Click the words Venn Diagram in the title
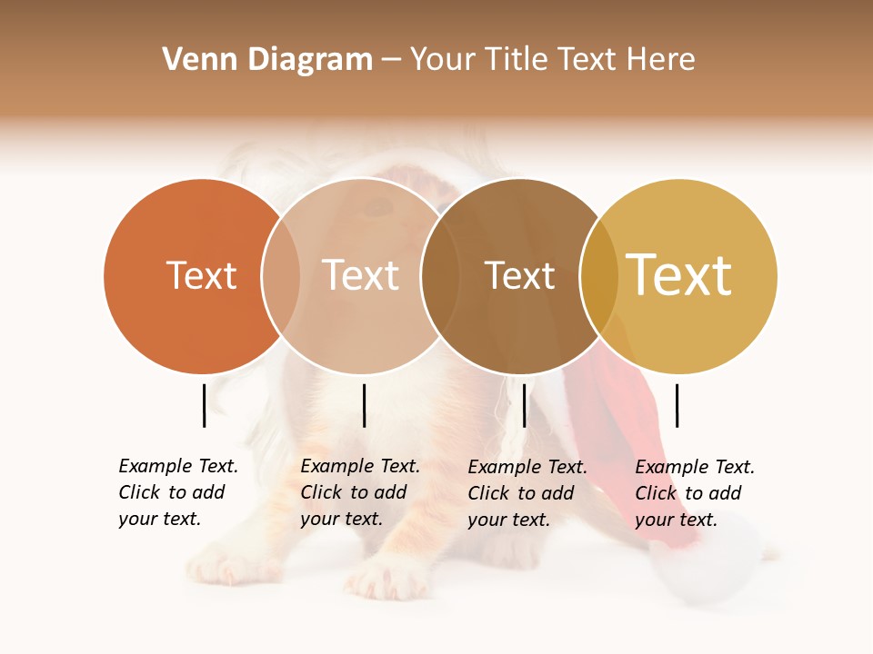click(267, 60)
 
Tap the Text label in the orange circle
click(201, 275)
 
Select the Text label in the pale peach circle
click(360, 275)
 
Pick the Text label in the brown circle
click(519, 275)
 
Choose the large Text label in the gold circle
click(678, 274)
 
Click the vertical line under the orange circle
click(204, 405)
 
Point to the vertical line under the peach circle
click(364, 405)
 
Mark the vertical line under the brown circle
click(525, 405)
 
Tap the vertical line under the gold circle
click(677, 405)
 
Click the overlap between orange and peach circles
click(281, 275)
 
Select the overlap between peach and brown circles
click(440, 275)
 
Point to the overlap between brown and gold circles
click(599, 275)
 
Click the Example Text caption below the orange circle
click(177, 492)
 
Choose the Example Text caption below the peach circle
click(359, 492)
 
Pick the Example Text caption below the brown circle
click(527, 493)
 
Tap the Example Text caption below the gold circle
click(694, 493)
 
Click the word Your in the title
click(442, 60)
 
